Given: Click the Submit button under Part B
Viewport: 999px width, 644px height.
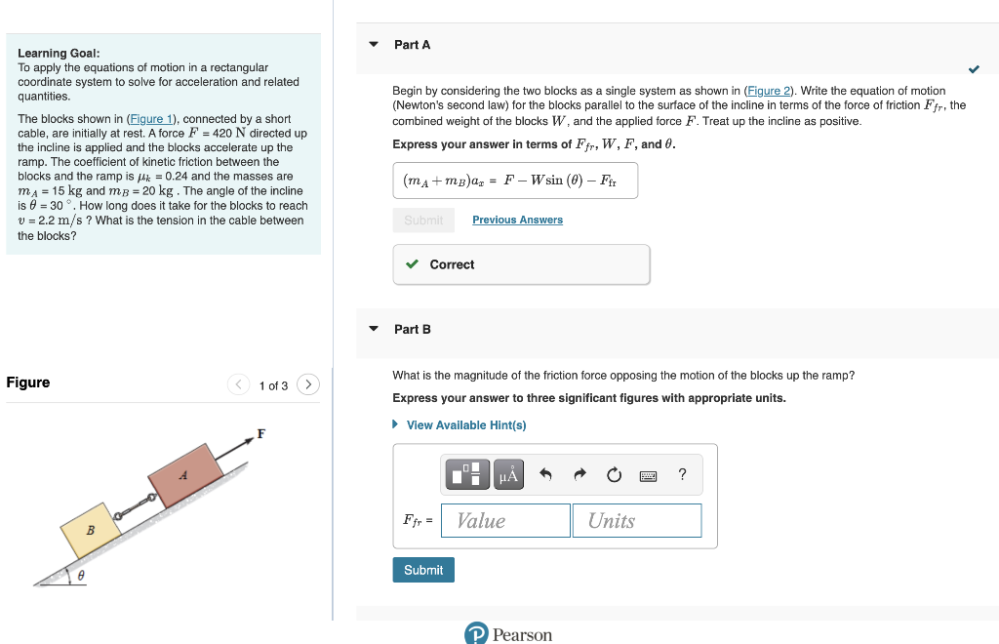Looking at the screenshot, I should coord(423,570).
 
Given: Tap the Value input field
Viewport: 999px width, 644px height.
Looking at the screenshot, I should coord(505,520).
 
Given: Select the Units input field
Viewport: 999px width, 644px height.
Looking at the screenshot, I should coord(636,520).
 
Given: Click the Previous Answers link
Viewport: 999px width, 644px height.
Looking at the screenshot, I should coord(517,220).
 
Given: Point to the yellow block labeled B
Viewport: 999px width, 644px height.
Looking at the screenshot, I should coord(91,530).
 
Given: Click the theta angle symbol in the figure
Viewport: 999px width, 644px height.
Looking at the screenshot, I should coord(81,576).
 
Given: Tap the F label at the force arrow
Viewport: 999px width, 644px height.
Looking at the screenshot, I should coord(260,433).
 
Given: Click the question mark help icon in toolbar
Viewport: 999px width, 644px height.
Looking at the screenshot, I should coord(682,475).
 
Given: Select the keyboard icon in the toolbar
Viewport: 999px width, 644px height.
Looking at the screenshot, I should coord(648,476).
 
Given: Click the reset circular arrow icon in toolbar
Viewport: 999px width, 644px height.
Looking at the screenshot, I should coord(614,475).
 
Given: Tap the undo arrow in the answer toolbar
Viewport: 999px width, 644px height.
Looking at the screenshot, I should coord(545,475).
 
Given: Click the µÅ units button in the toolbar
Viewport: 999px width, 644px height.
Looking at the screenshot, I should coord(508,475).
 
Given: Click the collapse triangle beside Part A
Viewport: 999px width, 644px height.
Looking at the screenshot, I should coord(373,45).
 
